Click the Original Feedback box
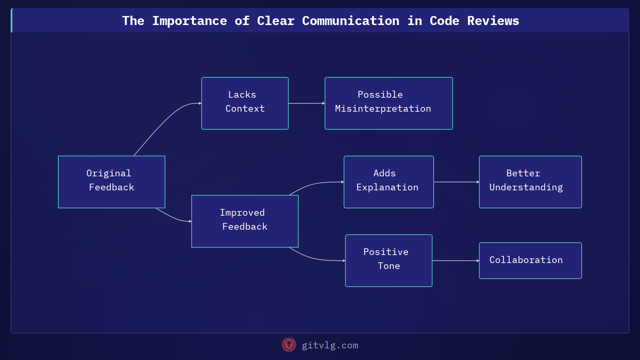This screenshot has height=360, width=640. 112,182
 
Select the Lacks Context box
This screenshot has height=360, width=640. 245,103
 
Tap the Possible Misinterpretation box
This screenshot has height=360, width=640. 389,103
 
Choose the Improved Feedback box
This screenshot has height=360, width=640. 245,221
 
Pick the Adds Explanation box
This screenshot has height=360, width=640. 389,182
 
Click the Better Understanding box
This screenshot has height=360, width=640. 530,182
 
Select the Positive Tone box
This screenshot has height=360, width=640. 389,261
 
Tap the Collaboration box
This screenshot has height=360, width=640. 530,261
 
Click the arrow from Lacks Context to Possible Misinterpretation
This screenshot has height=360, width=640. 306,103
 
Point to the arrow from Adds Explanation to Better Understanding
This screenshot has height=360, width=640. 456,182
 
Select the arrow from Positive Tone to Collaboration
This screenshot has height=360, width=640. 456,261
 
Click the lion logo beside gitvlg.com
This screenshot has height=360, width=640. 289,345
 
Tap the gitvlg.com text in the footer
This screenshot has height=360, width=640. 330,345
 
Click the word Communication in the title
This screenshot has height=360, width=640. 350,21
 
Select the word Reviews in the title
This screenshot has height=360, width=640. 493,21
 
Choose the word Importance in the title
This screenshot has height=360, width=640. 189,21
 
